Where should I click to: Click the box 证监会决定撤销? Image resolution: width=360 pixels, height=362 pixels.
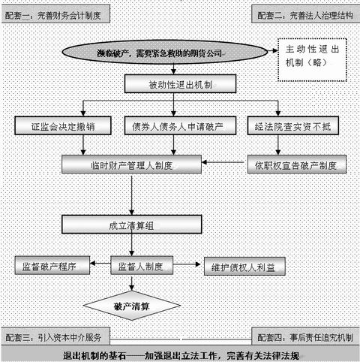(x=64, y=124)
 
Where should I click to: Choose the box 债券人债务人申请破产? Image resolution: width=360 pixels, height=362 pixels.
(x=183, y=124)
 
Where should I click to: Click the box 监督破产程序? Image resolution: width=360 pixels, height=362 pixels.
(x=52, y=265)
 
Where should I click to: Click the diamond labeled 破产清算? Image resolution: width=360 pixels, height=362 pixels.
(x=132, y=306)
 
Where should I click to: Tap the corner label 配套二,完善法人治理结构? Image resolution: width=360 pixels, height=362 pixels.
(x=304, y=14)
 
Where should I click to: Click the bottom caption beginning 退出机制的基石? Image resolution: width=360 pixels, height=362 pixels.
(x=180, y=354)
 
